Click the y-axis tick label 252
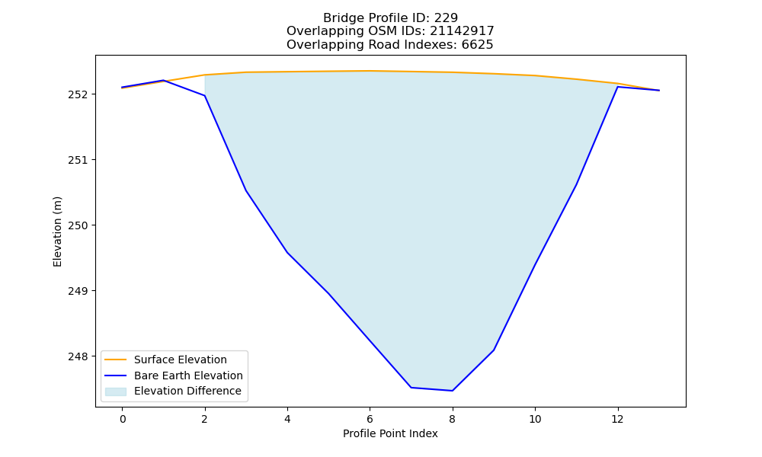78,94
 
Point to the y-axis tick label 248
78,356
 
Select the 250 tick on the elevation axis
78,225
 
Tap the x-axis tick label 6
370,419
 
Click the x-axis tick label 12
617,419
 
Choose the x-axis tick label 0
123,419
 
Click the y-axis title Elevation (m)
57,232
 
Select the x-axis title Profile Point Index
390,433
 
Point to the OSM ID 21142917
462,31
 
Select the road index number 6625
477,45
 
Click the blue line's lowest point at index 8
453,391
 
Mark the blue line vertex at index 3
246,191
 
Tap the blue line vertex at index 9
494,350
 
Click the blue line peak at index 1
164,80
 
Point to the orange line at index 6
370,71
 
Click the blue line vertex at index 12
618,87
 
